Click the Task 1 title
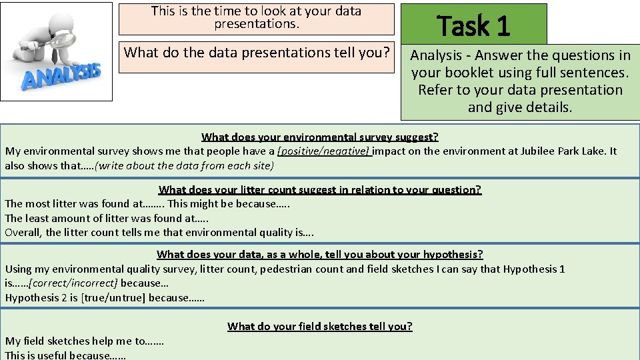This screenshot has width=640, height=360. click(473, 26)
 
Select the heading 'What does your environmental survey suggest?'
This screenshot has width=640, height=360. click(319, 137)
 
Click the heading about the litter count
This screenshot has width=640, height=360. click(319, 190)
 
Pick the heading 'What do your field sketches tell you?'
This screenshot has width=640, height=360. click(319, 326)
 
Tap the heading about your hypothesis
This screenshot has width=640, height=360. click(319, 254)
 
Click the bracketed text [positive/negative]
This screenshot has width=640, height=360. click(324, 151)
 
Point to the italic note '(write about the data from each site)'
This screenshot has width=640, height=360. click(184, 166)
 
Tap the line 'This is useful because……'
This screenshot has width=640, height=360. click(65, 355)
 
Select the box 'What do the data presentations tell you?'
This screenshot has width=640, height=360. click(257, 52)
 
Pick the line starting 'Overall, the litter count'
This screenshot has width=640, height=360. click(159, 233)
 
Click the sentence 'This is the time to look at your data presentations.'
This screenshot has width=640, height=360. click(257, 18)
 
